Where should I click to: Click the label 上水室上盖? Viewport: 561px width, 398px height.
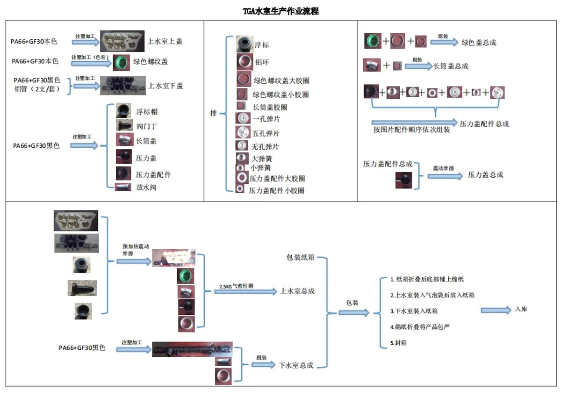click(165, 41)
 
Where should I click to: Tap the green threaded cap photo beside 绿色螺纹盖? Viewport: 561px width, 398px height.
click(121, 61)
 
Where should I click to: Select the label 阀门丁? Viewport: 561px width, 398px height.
click(146, 125)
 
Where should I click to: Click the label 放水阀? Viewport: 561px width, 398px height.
click(146, 188)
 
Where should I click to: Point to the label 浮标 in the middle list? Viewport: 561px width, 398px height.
click(261, 45)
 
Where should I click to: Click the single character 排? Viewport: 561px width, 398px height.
click(213, 114)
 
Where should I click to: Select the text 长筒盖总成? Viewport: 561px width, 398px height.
click(451, 66)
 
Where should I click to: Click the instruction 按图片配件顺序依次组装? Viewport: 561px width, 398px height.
click(411, 130)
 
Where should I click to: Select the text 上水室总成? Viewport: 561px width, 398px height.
click(297, 291)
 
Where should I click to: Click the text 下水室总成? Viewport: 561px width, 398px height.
click(296, 365)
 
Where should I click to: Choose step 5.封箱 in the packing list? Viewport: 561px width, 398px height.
click(398, 342)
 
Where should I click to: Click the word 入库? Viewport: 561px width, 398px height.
click(521, 309)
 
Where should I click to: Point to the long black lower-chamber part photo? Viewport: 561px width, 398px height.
click(192, 349)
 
